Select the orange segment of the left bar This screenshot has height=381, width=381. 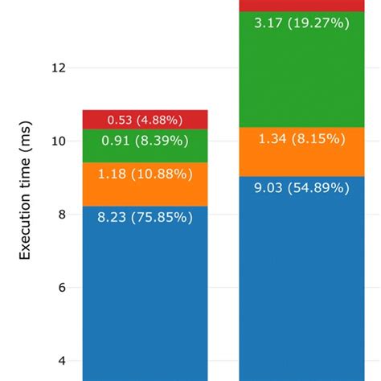145,184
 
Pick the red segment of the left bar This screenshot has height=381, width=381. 145,120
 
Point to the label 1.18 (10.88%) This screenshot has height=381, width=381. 145,173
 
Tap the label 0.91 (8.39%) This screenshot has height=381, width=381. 145,141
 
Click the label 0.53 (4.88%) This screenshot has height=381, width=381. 145,121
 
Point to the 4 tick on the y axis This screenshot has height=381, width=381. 61,360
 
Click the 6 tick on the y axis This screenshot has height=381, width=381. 61,287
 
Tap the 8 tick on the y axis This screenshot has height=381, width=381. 61,214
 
